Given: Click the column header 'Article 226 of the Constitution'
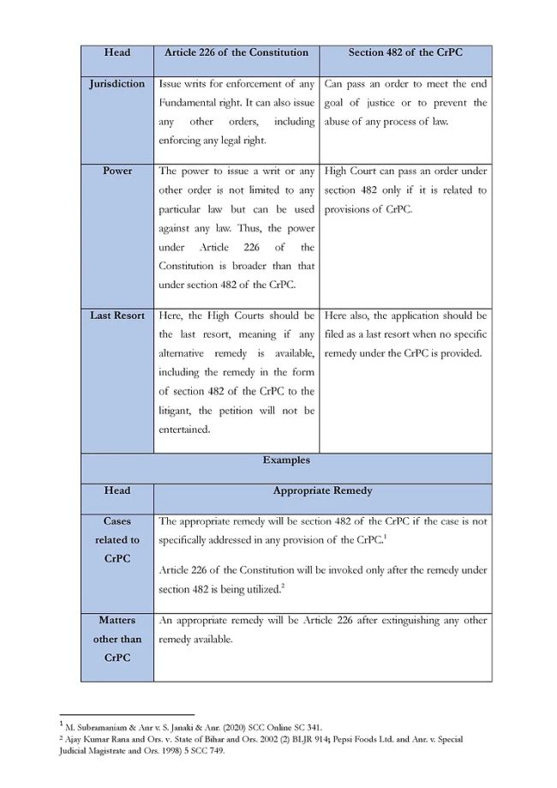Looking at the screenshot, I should tap(236, 52).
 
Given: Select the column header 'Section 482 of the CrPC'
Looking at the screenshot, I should tap(405, 52).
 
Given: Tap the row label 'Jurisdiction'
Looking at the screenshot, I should tap(117, 84).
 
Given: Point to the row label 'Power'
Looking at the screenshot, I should tap(117, 171).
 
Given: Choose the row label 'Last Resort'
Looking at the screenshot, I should tap(117, 316).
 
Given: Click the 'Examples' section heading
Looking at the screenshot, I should tap(286, 460).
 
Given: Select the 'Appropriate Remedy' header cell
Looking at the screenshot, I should tap(323, 490).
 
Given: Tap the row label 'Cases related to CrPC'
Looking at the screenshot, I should tap(117, 540).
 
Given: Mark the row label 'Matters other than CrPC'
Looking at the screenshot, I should tap(117, 639).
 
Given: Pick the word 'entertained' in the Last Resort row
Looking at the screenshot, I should tap(183, 430).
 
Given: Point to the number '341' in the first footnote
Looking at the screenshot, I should tap(311, 726).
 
